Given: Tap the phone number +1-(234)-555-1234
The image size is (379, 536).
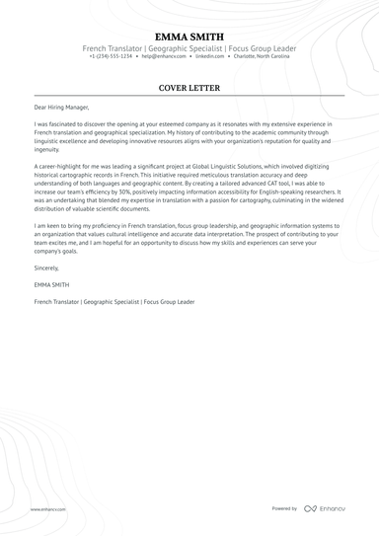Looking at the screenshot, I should click(x=111, y=56).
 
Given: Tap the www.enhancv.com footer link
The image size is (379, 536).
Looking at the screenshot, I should click(x=47, y=508).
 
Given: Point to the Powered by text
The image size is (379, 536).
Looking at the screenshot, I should click(x=284, y=508).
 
